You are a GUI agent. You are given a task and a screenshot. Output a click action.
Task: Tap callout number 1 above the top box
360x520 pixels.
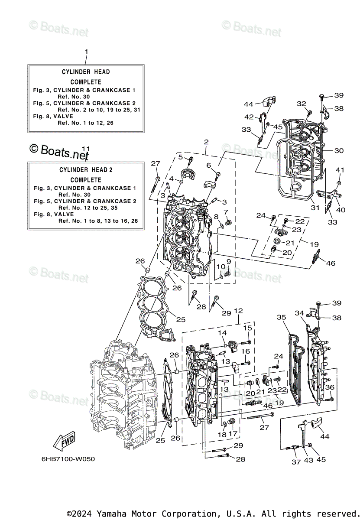(86, 52)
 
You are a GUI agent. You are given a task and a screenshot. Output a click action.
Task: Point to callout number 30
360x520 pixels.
(339, 151)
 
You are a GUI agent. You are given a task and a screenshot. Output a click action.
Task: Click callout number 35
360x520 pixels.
(281, 318)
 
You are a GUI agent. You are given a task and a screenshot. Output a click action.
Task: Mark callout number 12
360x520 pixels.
(238, 311)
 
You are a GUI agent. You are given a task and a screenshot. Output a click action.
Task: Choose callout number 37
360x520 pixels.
(296, 462)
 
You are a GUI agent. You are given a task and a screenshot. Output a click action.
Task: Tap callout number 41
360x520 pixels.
(340, 170)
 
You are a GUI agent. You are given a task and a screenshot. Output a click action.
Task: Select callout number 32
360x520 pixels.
(301, 104)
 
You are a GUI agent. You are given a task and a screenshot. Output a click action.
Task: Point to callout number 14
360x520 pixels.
(222, 332)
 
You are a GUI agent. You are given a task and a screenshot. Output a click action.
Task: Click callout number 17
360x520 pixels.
(233, 434)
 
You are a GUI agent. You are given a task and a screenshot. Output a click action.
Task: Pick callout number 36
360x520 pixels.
(330, 387)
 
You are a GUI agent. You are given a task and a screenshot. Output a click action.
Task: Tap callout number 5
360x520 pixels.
(180, 157)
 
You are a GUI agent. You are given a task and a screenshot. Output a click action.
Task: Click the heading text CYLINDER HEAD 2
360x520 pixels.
(86, 170)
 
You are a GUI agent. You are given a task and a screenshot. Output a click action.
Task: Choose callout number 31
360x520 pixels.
(315, 208)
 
